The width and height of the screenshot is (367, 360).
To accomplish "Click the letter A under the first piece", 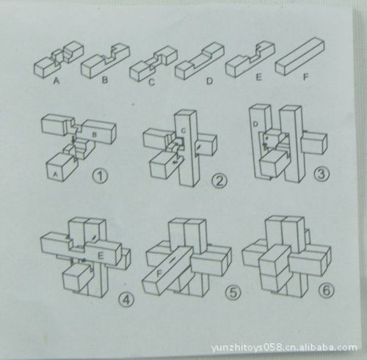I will (x=57, y=82).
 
